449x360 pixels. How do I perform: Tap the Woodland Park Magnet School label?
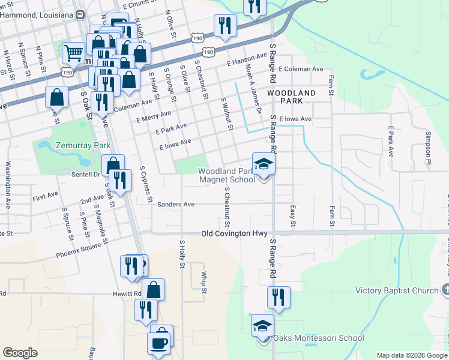(x=226, y=175)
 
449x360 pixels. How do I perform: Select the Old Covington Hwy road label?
(x=234, y=233)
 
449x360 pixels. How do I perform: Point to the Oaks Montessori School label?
(x=318, y=338)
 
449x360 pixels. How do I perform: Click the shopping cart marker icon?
(x=73, y=53)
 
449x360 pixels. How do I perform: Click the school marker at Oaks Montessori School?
(x=262, y=326)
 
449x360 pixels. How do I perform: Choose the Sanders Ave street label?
(x=176, y=205)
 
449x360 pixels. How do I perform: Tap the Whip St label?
(x=204, y=283)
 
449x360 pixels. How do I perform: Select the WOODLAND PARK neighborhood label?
(x=291, y=97)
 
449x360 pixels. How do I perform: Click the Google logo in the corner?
(x=20, y=353)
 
